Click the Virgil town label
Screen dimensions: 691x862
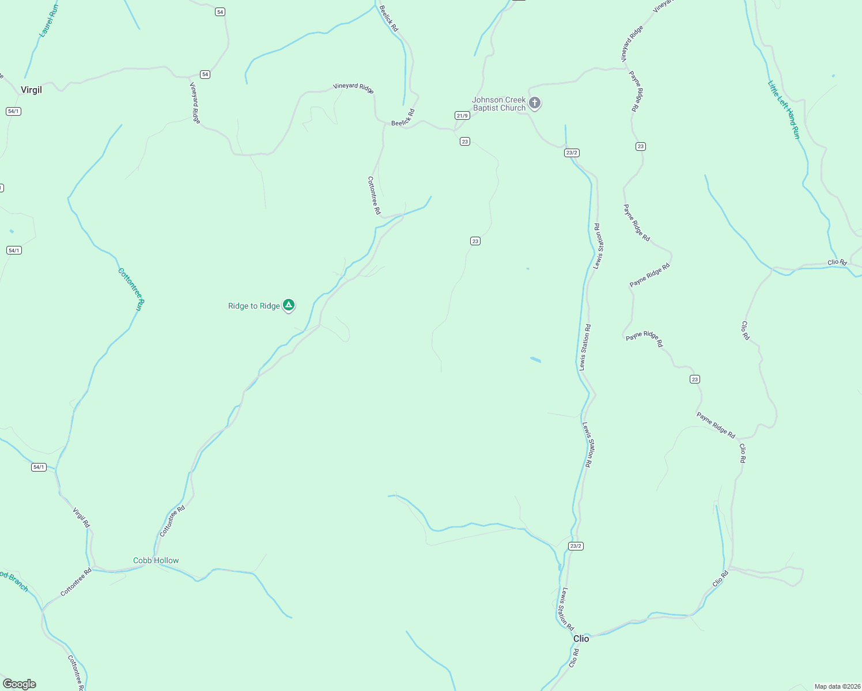pyautogui.click(x=31, y=90)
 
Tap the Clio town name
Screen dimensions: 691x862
pyautogui.click(x=581, y=639)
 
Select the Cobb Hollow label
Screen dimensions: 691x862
pyautogui.click(x=156, y=560)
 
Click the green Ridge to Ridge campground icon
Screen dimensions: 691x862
pyautogui.click(x=289, y=305)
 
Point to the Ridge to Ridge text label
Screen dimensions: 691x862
pyautogui.click(x=254, y=306)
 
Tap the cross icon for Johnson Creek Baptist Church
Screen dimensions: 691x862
pyautogui.click(x=535, y=103)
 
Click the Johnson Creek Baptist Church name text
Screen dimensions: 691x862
pyautogui.click(x=499, y=104)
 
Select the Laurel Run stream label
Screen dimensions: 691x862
pyautogui.click(x=49, y=21)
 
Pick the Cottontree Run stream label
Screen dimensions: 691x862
pyautogui.click(x=131, y=290)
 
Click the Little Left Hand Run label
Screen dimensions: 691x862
pyautogui.click(x=784, y=109)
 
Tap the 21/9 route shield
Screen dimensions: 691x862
pyautogui.click(x=462, y=116)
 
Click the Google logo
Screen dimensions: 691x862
pyautogui.click(x=20, y=684)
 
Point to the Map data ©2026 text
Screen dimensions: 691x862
pyautogui.click(x=837, y=686)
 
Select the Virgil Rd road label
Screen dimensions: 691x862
pyautogui.click(x=81, y=518)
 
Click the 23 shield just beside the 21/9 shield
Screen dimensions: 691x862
pyautogui.click(x=465, y=142)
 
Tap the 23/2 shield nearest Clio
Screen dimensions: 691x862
pyautogui.click(x=576, y=546)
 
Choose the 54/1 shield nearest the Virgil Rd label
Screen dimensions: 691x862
pyautogui.click(x=39, y=467)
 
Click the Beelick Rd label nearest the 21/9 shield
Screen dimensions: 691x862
pyautogui.click(x=403, y=118)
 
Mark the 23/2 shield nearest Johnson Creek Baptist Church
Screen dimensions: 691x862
pyautogui.click(x=572, y=153)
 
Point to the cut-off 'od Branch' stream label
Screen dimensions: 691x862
pyautogui.click(x=14, y=580)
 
